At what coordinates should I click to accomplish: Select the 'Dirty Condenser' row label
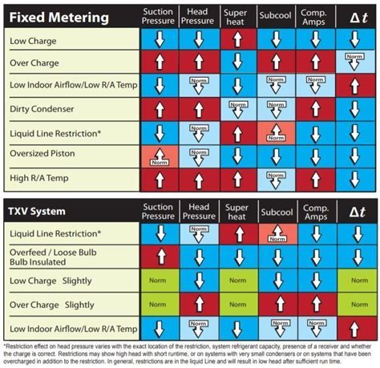pos(42,107)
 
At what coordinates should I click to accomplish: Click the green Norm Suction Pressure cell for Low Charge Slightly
pos(158,281)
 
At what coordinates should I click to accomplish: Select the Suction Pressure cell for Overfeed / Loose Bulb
pos(158,257)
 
